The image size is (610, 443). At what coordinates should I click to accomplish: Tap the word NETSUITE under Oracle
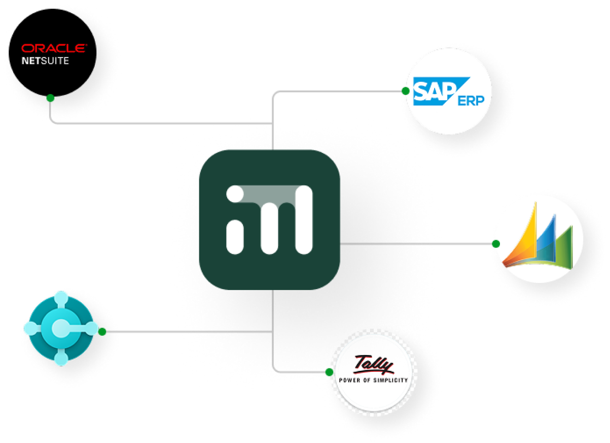(45, 60)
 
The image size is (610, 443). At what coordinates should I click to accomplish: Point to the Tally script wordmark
(374, 365)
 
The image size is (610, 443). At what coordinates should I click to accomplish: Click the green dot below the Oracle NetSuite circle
(50, 98)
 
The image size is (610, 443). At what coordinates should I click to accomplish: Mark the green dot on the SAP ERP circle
(405, 91)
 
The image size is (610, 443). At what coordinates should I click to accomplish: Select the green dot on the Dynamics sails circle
(495, 244)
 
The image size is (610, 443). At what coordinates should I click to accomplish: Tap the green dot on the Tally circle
(329, 372)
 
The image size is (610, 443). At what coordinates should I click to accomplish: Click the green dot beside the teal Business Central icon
(102, 332)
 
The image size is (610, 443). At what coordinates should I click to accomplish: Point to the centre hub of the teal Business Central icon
(61, 328)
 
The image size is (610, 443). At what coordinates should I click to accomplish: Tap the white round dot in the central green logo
(235, 195)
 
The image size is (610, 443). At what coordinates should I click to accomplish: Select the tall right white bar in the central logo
(304, 219)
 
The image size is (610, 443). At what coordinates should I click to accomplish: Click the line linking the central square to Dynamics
(416, 244)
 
